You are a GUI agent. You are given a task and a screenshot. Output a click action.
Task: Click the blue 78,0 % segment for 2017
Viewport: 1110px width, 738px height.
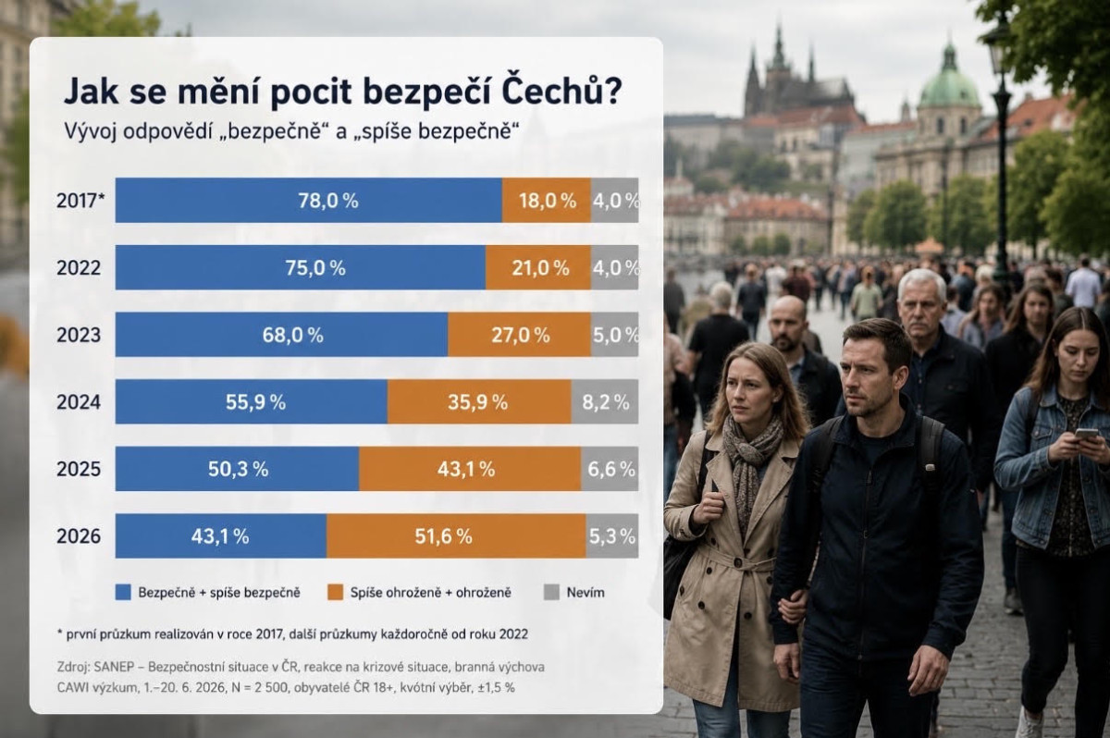point(309,200)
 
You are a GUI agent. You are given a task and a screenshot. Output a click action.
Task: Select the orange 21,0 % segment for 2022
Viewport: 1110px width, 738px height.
point(538,267)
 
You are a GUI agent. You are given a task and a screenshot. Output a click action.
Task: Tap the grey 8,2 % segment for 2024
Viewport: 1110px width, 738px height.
point(605,401)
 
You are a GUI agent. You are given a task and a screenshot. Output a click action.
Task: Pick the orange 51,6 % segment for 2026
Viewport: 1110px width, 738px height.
point(456,535)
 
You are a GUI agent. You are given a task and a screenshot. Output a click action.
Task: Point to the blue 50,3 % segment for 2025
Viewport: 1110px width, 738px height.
point(238,469)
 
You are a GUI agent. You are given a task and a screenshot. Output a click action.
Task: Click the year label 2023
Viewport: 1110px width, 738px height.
point(79,336)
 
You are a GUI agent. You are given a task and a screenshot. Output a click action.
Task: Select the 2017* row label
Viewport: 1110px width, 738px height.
point(80,201)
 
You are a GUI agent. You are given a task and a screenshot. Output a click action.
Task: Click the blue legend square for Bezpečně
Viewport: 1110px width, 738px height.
point(123,593)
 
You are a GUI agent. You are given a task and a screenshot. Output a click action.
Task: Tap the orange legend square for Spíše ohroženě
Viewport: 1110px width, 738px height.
point(336,593)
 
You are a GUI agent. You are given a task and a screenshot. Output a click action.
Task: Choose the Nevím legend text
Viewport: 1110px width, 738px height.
point(586,593)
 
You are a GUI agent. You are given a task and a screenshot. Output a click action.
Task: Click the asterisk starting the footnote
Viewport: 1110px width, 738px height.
point(60,633)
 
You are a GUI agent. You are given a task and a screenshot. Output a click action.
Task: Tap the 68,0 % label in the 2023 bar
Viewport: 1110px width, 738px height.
point(293,336)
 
